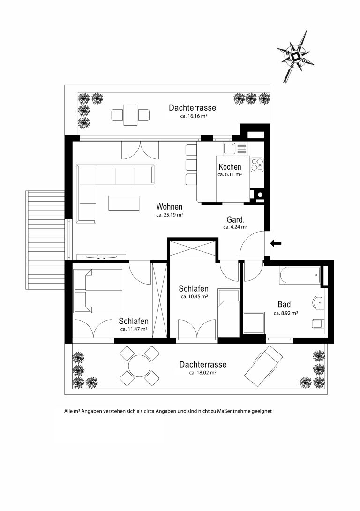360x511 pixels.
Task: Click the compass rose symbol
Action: [295, 56]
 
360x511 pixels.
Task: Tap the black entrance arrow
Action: [276, 243]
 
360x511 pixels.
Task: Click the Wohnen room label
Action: [169, 207]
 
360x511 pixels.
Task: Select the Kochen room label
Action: [230, 167]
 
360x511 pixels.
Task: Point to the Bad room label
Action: [284, 304]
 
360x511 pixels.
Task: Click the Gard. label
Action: [236, 220]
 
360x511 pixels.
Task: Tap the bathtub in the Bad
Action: [300, 276]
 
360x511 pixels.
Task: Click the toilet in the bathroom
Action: [318, 323]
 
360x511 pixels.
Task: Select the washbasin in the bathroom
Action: [319, 302]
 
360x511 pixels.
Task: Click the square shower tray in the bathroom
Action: [254, 323]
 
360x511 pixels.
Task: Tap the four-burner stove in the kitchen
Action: [257, 164]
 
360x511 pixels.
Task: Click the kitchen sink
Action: [229, 149]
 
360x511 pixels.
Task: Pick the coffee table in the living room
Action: [124, 203]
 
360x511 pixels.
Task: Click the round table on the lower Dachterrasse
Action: [139, 365]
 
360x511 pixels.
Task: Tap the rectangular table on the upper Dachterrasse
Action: [130, 115]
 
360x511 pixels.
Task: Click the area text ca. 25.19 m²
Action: [169, 215]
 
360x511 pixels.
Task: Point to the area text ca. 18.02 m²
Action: [203, 373]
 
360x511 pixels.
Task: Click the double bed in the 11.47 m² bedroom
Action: [98, 291]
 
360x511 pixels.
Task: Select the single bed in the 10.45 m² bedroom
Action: [228, 313]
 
